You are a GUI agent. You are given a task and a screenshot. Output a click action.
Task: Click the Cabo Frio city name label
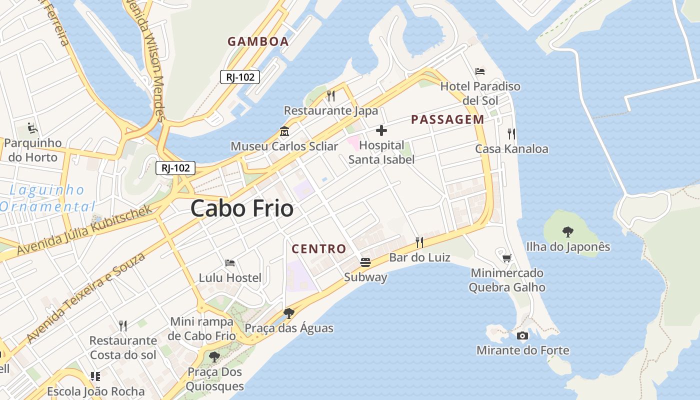point(241,208)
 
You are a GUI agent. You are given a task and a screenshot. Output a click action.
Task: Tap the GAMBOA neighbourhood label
point(258,41)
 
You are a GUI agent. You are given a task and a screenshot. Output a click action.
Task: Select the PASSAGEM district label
point(447,119)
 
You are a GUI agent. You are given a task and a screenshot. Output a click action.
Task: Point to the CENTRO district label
point(318,248)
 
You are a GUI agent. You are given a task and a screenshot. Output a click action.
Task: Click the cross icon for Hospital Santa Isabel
point(381,131)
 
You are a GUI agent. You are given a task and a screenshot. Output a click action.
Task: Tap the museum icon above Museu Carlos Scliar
point(284,131)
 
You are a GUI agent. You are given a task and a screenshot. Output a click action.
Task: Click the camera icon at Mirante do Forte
point(522,335)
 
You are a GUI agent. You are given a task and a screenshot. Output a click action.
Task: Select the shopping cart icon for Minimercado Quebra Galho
point(507,258)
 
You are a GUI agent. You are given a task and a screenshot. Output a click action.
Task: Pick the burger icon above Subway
point(365,262)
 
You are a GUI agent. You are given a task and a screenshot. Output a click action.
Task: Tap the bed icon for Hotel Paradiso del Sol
point(480,71)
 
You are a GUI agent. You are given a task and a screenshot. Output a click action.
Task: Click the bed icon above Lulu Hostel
point(230,263)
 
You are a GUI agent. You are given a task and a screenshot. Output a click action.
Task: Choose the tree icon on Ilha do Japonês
point(567,231)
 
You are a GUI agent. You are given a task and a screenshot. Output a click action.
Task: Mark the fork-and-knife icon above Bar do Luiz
point(419,242)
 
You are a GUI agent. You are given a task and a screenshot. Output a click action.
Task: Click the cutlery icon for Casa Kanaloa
point(511,133)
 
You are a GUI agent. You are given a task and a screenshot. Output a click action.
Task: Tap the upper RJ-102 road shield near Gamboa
point(240,77)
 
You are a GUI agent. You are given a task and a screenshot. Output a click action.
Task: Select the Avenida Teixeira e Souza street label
point(85,298)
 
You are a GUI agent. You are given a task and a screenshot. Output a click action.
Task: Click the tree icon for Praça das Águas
point(288,313)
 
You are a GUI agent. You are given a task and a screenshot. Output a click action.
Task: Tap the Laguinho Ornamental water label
point(47,198)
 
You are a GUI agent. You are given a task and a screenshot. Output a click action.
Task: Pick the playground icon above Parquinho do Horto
point(33,128)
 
